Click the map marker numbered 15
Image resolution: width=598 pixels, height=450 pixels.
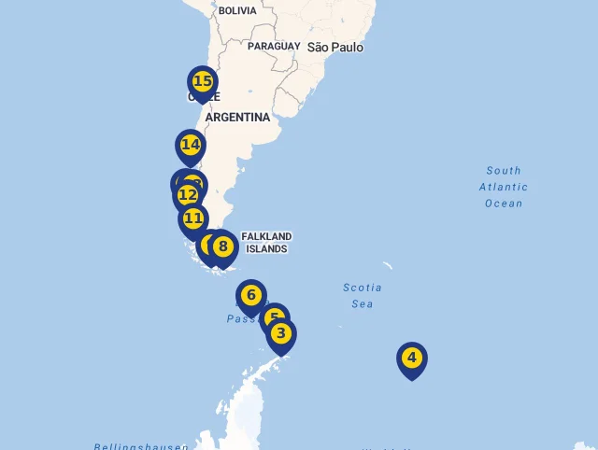[x=202, y=82]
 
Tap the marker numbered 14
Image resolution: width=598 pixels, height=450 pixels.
[x=191, y=146]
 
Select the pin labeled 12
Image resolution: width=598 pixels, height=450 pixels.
[x=187, y=195]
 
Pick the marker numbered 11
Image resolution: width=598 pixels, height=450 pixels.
[x=193, y=219]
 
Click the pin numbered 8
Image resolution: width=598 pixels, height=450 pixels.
[x=222, y=247]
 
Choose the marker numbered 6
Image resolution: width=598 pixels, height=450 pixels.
[x=250, y=296]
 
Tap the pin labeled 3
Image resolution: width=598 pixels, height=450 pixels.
[x=281, y=333]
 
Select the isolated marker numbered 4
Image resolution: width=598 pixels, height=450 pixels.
[x=411, y=358]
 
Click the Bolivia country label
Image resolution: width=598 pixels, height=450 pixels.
[x=236, y=11]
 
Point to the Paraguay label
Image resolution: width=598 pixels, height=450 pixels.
[x=274, y=46]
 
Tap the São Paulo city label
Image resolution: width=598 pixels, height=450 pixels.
[x=335, y=47]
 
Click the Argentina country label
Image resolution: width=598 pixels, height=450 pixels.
[x=237, y=118]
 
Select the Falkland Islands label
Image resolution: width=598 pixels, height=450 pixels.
[x=266, y=243]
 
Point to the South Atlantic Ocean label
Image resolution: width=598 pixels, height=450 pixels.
[x=504, y=187]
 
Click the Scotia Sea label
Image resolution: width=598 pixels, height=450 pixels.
[x=362, y=295]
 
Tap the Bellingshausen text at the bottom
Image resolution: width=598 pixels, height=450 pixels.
[x=140, y=446]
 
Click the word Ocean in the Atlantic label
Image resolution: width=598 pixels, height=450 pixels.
[x=504, y=204]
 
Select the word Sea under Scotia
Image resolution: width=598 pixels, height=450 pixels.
[x=362, y=303]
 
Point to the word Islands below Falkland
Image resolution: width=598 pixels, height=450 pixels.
[x=266, y=249]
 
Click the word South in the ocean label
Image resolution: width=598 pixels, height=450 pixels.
[x=504, y=171]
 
